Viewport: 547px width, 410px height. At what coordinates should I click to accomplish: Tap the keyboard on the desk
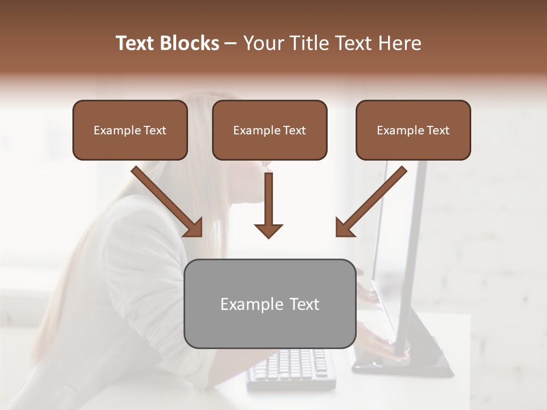tap(291, 367)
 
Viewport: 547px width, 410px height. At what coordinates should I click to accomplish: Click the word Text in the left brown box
tap(155, 130)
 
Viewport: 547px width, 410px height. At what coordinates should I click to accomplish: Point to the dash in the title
tap(231, 44)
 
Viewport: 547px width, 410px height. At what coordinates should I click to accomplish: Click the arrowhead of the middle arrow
tap(269, 230)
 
